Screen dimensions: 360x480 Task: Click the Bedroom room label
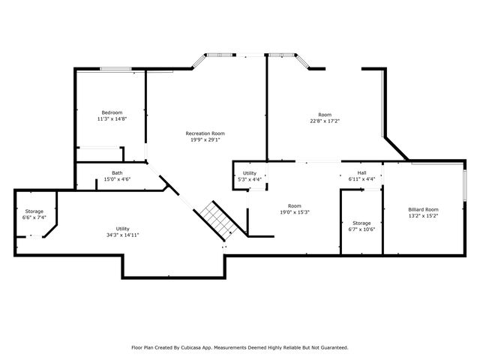(112, 112)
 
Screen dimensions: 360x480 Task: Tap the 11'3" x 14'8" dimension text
(112, 118)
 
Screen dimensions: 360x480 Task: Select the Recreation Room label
(205, 133)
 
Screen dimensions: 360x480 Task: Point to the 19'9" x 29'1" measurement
(205, 139)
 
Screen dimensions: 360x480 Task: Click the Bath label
(118, 172)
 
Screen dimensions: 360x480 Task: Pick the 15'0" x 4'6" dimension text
(118, 178)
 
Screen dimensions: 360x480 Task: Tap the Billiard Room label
(423, 209)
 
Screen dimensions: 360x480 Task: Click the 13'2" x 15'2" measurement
(423, 215)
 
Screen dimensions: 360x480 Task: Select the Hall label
(361, 173)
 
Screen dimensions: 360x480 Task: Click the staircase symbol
(218, 220)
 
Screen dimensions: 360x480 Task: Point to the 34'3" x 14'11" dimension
(122, 235)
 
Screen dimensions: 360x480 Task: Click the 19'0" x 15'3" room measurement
(294, 212)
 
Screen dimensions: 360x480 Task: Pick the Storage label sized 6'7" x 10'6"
(361, 223)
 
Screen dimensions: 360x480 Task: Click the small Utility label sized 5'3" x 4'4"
(250, 173)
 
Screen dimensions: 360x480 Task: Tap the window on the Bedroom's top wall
(116, 70)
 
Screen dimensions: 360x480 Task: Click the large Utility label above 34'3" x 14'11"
(122, 229)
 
